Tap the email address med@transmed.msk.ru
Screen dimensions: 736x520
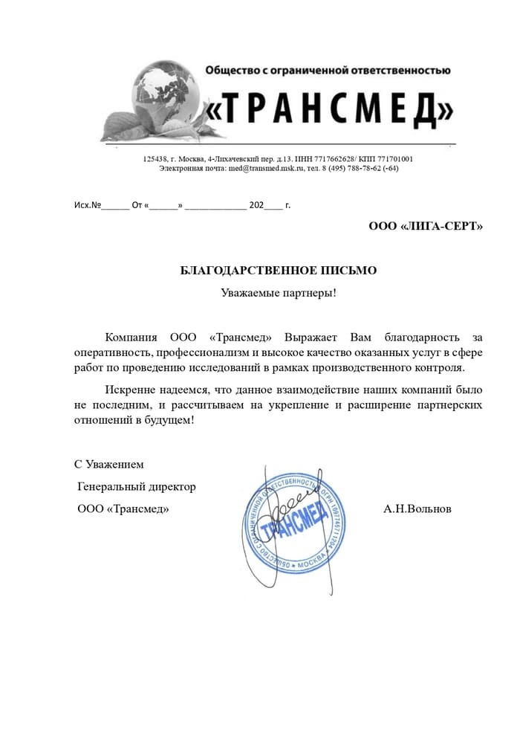266,169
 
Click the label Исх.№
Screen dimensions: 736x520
86,204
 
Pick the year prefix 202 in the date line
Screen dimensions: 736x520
256,204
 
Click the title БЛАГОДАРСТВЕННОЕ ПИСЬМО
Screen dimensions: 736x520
279,271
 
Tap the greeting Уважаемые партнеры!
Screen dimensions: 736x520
279,292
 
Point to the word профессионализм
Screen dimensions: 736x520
200,352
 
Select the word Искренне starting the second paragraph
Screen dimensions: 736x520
130,390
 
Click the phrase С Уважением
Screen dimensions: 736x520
108,465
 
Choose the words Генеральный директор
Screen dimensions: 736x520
137,487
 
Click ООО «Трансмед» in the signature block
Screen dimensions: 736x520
123,509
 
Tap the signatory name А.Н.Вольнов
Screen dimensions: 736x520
417,509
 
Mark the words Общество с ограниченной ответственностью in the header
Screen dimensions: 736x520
327,71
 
